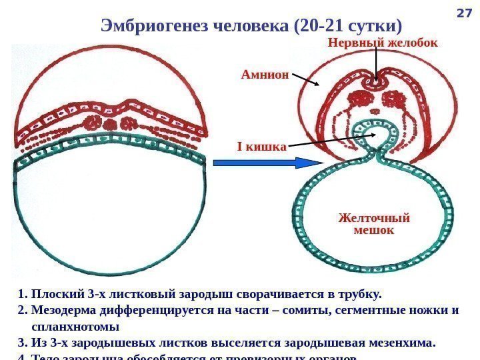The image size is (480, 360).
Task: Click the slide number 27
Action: tap(463, 13)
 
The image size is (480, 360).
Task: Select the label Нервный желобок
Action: tap(383, 43)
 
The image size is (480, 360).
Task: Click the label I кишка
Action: tap(261, 145)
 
